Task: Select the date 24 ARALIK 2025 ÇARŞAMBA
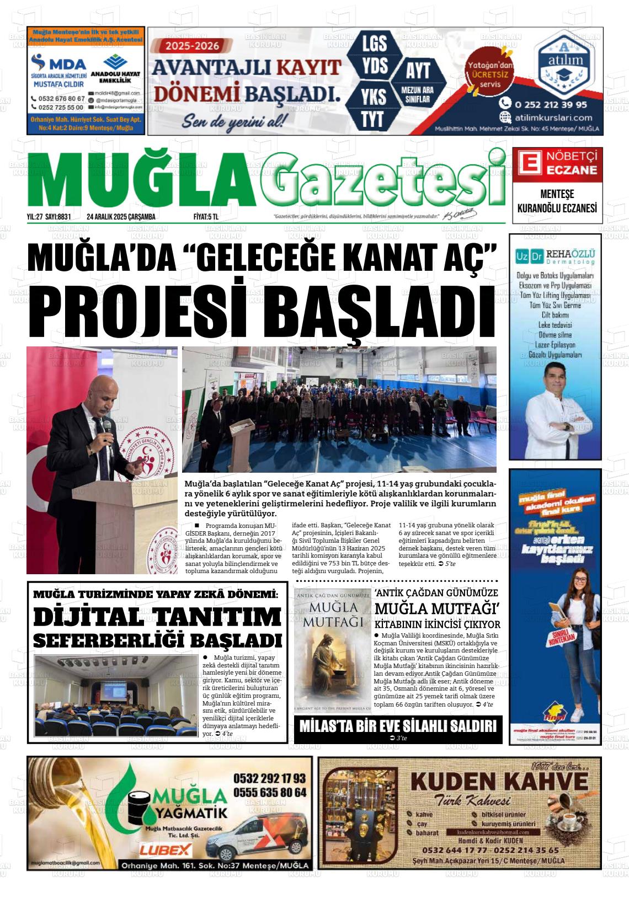tap(121, 217)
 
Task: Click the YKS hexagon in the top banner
tap(373, 97)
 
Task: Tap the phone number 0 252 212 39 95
tap(550, 104)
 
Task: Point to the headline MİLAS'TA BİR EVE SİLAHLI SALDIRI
tap(397, 726)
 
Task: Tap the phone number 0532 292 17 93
tap(270, 778)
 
